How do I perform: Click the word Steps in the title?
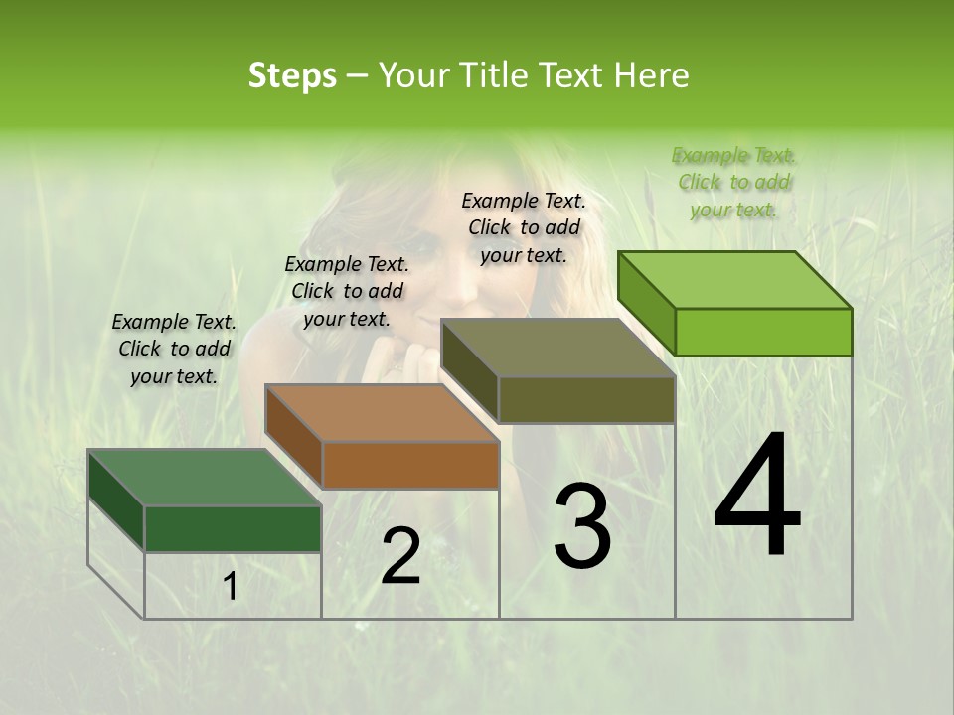click(x=292, y=76)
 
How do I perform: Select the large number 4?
click(x=757, y=497)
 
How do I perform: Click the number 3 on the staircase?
click(x=582, y=526)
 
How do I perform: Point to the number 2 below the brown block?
click(x=400, y=556)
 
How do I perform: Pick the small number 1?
click(x=230, y=587)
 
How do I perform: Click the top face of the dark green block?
click(x=205, y=478)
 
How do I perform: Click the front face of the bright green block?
click(x=763, y=332)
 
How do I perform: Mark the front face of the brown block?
click(x=410, y=465)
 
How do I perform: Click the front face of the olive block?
click(x=586, y=399)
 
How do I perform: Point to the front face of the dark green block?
click(x=233, y=528)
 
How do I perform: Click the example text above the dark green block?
click(x=174, y=349)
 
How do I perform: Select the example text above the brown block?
click(x=347, y=291)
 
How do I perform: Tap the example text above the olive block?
click(x=524, y=227)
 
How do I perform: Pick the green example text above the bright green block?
click(x=734, y=182)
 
